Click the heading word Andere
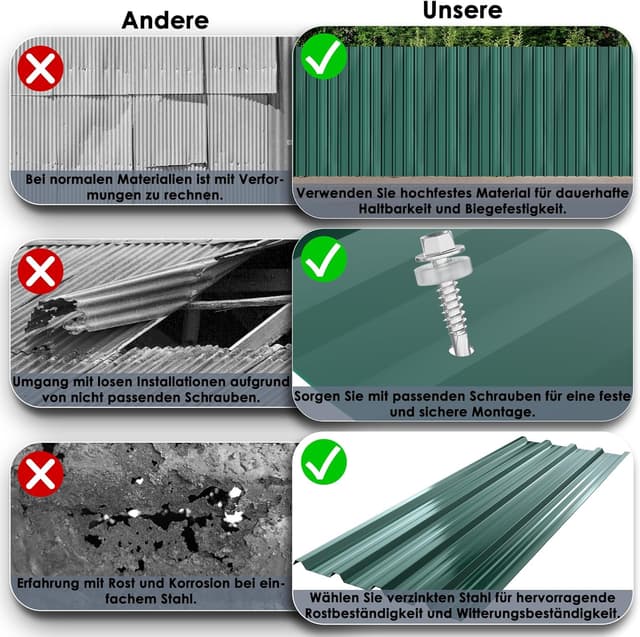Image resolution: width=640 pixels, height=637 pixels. (x=166, y=20)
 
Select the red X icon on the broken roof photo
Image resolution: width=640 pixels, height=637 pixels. (x=41, y=271)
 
